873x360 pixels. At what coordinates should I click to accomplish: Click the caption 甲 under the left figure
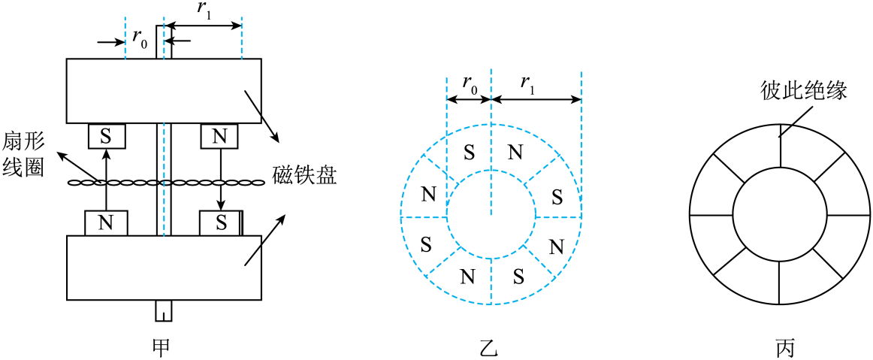click(163, 348)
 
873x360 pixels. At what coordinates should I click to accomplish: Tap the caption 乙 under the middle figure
click(491, 348)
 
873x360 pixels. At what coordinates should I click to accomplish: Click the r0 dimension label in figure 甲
click(140, 39)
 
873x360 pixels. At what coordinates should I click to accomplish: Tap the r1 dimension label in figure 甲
click(205, 11)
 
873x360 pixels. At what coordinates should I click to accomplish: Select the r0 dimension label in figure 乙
click(470, 83)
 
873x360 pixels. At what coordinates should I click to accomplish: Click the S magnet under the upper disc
click(107, 136)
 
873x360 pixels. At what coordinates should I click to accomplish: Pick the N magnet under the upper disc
click(219, 136)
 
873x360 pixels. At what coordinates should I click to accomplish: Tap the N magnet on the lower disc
click(106, 223)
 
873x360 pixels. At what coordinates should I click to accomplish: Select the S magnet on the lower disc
click(221, 223)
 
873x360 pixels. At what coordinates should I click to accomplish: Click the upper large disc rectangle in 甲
click(164, 91)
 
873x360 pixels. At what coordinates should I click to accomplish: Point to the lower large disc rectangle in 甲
click(164, 268)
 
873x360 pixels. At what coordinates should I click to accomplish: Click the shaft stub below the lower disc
click(164, 311)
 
